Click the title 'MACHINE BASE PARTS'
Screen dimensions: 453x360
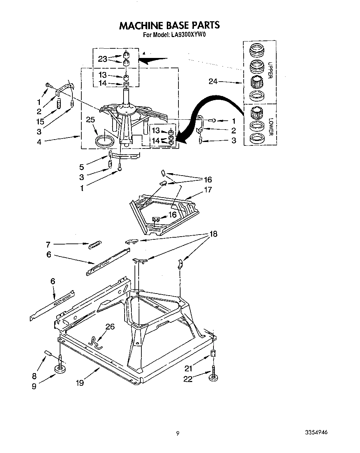point(169,25)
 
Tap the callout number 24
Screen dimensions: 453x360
point(213,82)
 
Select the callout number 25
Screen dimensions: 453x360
point(90,120)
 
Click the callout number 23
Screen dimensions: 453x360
point(102,59)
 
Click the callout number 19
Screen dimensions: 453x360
point(80,383)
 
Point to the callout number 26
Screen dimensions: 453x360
point(110,326)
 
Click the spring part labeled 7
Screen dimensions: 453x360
point(95,245)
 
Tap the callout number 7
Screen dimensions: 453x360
point(48,245)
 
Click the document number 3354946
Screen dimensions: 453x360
point(315,433)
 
